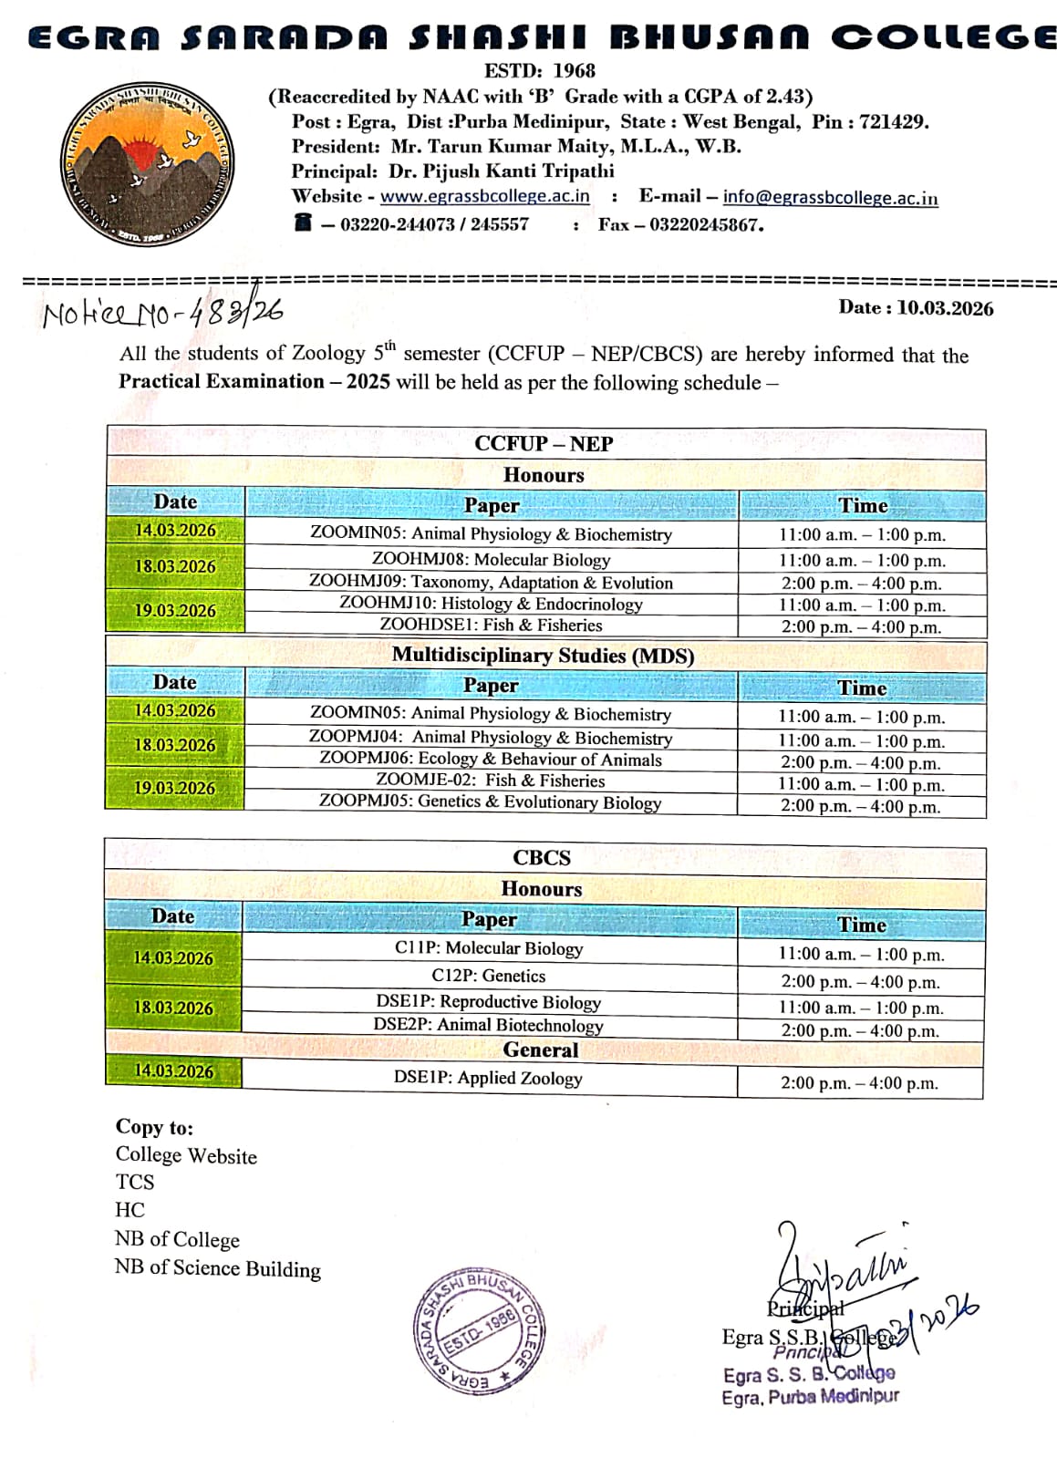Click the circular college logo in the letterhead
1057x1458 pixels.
(x=147, y=165)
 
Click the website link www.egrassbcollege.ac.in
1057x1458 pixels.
(x=484, y=196)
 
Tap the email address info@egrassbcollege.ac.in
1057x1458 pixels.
(x=830, y=197)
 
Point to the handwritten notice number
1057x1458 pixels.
(x=162, y=314)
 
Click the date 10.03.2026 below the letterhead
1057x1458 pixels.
(x=944, y=308)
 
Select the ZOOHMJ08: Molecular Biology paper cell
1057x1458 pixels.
(x=491, y=559)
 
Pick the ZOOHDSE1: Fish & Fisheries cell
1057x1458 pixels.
(x=491, y=626)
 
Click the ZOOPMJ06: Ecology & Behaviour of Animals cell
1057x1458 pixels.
(x=491, y=760)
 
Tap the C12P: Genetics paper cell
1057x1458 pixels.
(x=489, y=976)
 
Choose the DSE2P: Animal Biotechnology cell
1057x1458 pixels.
(x=488, y=1025)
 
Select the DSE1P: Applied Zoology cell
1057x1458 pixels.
(x=488, y=1078)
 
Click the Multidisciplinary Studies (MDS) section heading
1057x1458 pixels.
(x=543, y=656)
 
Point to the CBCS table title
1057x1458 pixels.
(x=542, y=858)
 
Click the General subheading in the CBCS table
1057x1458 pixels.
(x=541, y=1050)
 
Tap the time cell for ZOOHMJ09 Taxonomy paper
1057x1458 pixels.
(x=861, y=584)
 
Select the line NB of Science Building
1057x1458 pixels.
(x=218, y=1268)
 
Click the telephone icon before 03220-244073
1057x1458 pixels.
(x=303, y=222)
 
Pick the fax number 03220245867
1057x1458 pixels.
(x=706, y=224)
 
